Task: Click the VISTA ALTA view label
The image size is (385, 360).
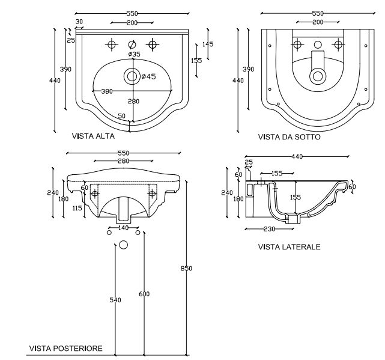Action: coord(93,136)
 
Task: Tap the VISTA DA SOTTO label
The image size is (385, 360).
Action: coord(290,137)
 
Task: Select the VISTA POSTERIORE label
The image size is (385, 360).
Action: coord(66,348)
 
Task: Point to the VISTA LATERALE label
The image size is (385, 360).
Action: coord(290,247)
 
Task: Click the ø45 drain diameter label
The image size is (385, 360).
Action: coord(148,76)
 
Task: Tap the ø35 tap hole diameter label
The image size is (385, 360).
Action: coord(134,54)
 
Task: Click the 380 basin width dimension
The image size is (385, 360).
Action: coord(107,91)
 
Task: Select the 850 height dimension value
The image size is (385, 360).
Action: coord(186,268)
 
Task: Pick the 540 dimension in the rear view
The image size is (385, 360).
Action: coord(115,300)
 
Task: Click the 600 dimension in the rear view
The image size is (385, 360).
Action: coord(144,294)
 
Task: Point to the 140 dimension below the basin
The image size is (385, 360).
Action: coord(123,228)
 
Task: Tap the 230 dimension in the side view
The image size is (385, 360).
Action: coord(269,229)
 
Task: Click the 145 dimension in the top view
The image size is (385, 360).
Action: coord(208,44)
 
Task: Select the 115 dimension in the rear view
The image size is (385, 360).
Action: coord(77,208)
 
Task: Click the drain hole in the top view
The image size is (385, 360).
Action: coord(132,76)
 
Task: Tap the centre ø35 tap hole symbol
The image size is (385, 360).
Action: coord(132,44)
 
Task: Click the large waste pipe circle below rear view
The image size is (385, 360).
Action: coord(123,245)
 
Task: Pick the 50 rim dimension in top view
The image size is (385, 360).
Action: coord(121,116)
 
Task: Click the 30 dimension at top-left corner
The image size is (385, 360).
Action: coord(79,22)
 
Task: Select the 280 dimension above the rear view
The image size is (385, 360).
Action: coord(124,161)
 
